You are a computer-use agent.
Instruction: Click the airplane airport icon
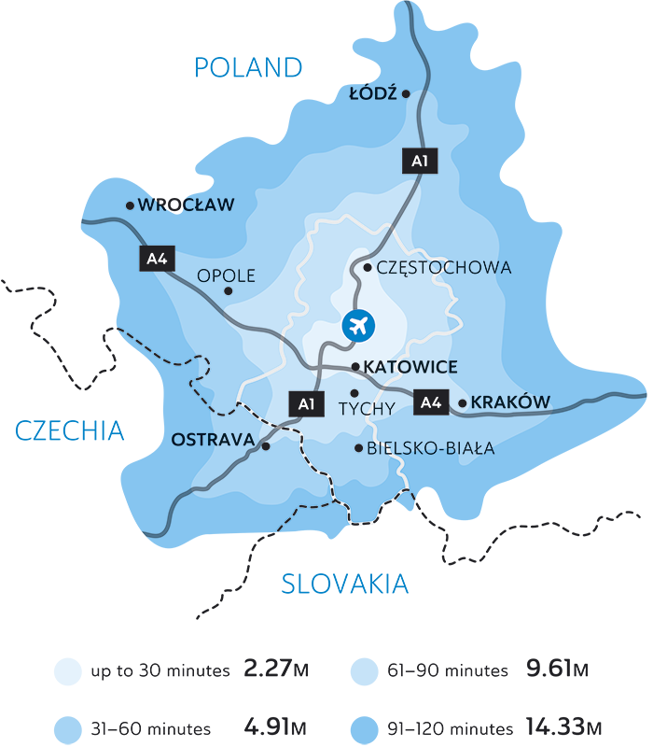coord(358,325)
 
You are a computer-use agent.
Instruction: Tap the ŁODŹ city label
coord(373,94)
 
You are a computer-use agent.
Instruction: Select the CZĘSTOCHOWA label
coord(444,268)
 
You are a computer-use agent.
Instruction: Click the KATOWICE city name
coord(410,367)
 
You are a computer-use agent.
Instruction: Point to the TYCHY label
coord(367,408)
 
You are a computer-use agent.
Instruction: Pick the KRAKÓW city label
coord(511,402)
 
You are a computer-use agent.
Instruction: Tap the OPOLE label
coord(226,276)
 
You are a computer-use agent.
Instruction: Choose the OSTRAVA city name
coord(214,439)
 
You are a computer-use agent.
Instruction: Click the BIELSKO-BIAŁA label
coord(431,449)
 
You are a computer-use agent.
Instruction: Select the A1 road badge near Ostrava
coord(305,404)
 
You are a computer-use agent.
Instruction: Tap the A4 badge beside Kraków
coord(429,403)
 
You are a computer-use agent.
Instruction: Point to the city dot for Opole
coord(229,291)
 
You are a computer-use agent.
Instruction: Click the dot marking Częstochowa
coord(368,268)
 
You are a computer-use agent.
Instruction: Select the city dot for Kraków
coord(463,403)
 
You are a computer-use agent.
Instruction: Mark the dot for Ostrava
coord(266,446)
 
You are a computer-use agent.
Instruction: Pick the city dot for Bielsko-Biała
coord(358,449)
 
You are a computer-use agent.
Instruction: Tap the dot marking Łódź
coord(406,93)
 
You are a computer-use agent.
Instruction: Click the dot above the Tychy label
coord(354,392)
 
